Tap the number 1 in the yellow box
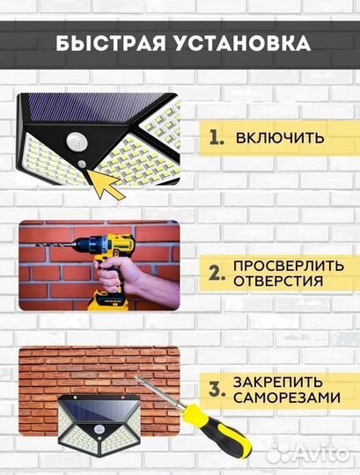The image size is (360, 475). [215, 138]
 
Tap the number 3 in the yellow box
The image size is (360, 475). [215, 391]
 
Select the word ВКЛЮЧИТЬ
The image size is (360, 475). [280, 138]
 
